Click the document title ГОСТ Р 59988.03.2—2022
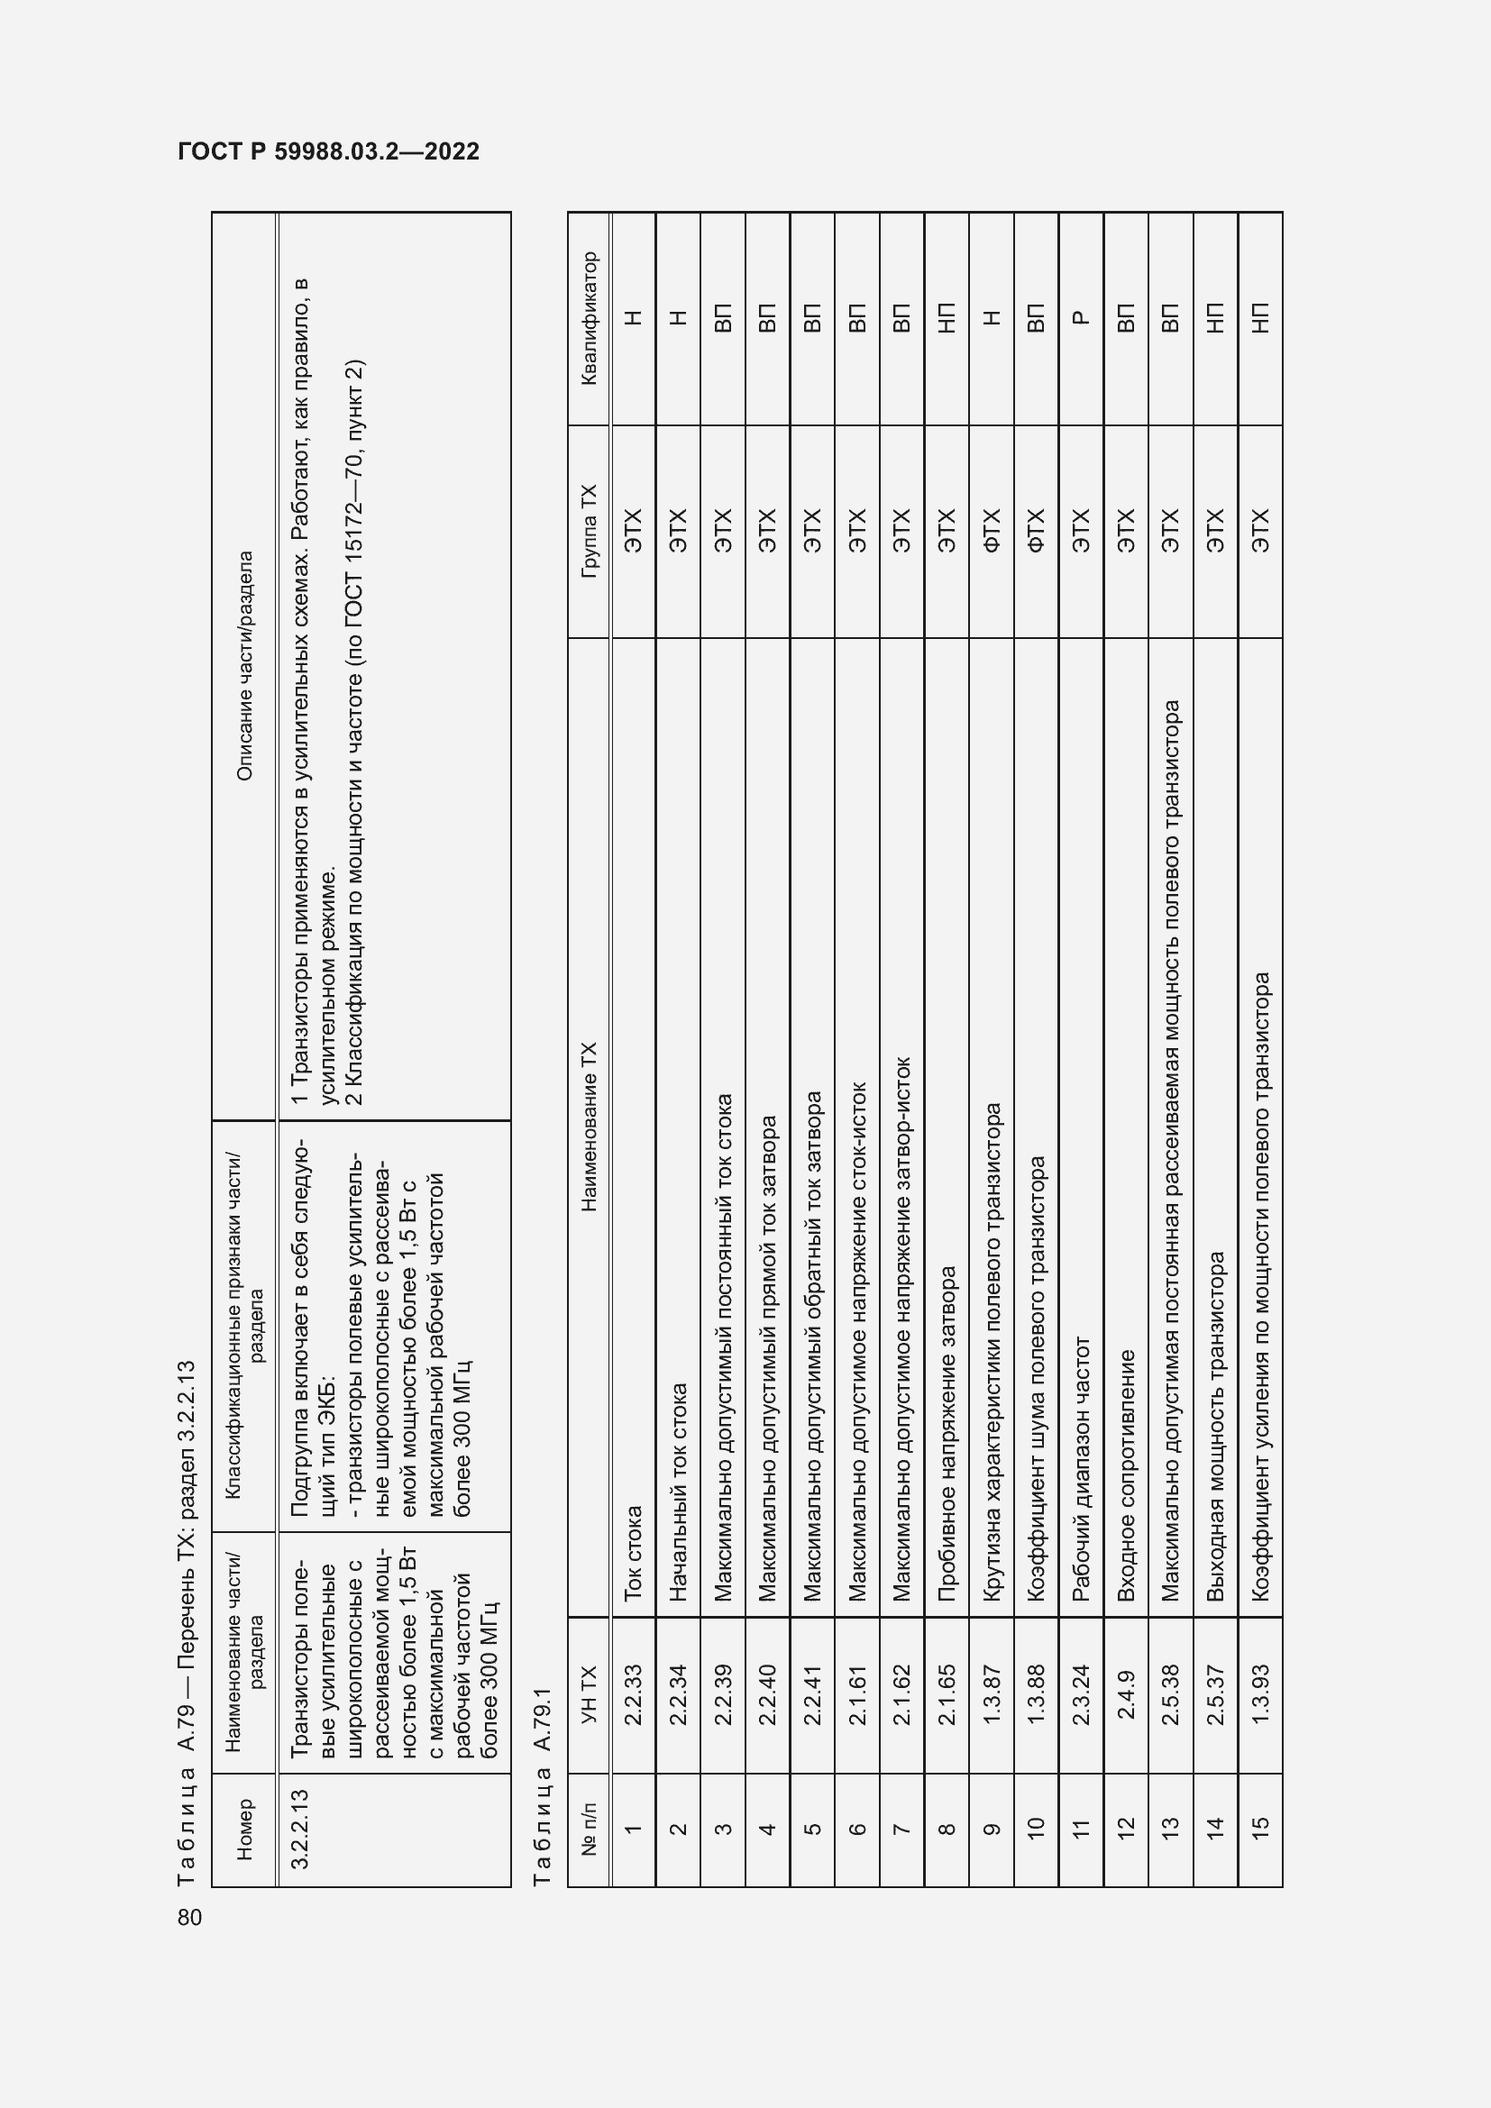tap(329, 151)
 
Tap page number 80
tap(190, 1917)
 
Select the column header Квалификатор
tap(589, 317)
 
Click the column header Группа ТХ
tap(589, 531)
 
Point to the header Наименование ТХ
tap(589, 1127)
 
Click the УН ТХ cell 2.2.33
tap(633, 1695)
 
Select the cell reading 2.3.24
tap(1081, 1695)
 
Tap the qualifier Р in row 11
tap(1081, 317)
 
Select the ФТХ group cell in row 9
tap(992, 531)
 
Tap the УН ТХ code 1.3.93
tap(1259, 1695)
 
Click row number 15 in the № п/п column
tap(1259, 1824)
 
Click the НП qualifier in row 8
tap(947, 317)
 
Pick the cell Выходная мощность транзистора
tap(1214, 1427)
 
